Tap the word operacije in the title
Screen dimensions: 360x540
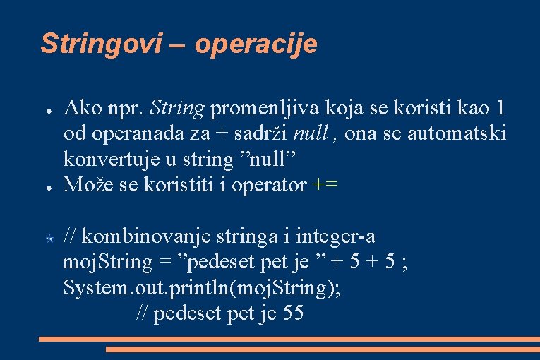click(x=256, y=44)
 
